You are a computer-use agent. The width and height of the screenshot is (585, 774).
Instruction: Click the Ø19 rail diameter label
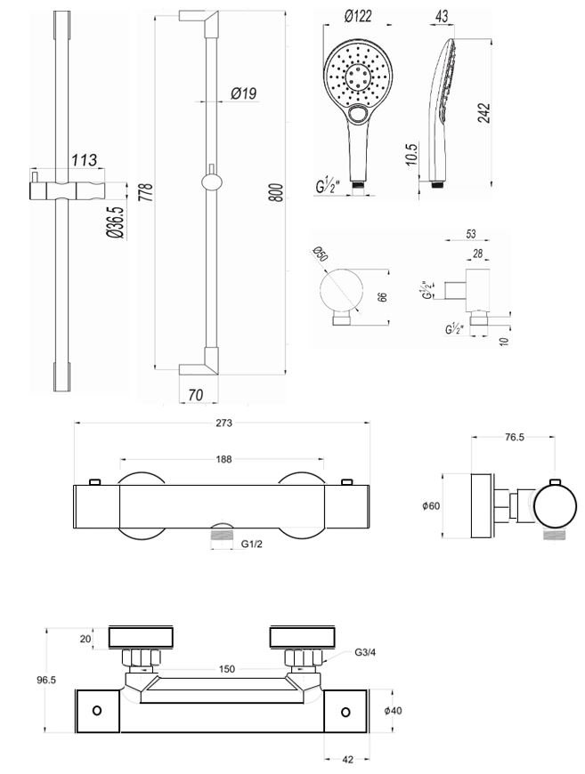point(243,92)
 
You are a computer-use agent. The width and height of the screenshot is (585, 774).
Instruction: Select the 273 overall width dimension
point(223,423)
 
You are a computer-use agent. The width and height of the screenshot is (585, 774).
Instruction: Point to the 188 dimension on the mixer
point(223,459)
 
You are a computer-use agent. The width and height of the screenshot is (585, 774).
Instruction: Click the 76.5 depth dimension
point(514,438)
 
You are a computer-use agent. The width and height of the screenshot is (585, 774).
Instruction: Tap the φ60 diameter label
point(433,506)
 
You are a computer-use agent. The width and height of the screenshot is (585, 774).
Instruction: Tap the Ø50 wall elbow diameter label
point(321,256)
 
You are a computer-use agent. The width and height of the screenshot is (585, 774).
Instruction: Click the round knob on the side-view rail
point(210,182)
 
